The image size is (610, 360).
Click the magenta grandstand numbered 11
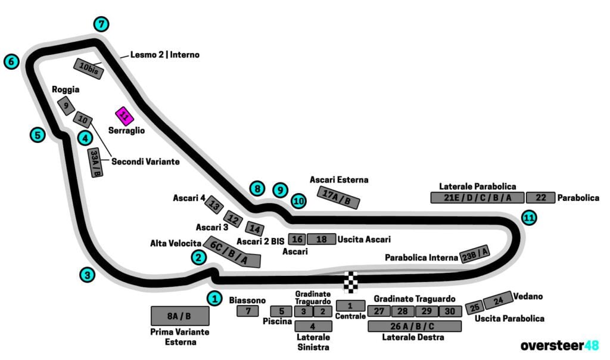tap(124, 116)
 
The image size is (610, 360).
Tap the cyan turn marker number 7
tap(102, 24)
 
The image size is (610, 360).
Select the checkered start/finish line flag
tap(351, 282)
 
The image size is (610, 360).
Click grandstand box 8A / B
tap(180, 316)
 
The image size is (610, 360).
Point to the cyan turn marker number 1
tap(214, 298)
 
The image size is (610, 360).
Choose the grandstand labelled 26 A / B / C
tap(414, 326)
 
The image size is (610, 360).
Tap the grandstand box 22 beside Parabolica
tap(540, 198)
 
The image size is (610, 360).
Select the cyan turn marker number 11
tap(528, 218)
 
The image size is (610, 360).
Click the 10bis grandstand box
tap(89, 69)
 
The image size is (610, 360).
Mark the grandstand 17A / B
tap(340, 198)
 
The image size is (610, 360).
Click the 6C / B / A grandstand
tap(232, 252)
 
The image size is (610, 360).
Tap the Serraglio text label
tap(127, 130)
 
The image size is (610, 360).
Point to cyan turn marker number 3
tap(88, 275)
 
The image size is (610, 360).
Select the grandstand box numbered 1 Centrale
tap(350, 306)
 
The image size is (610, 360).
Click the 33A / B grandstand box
tap(95, 163)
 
